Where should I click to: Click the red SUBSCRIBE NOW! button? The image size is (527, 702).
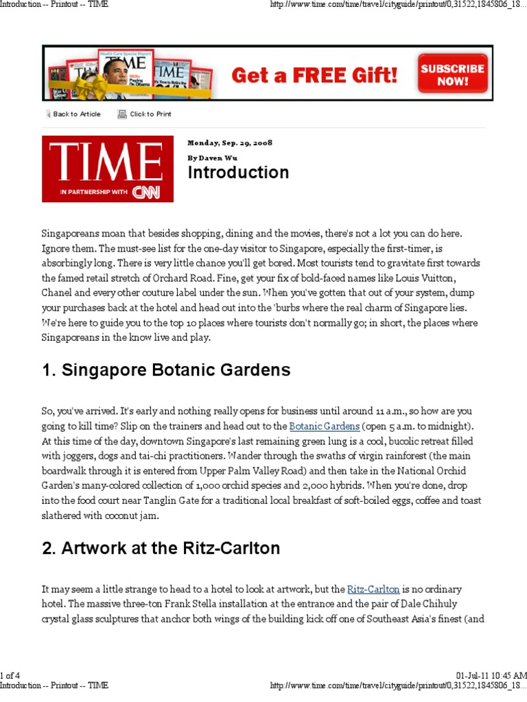tap(453, 74)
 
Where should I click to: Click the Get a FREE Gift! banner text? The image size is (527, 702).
tap(314, 75)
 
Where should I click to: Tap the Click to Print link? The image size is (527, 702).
tap(150, 114)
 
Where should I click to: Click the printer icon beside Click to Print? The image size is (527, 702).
tap(122, 114)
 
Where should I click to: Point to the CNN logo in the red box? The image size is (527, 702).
tap(146, 193)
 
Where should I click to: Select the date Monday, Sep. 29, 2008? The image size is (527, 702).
tap(230, 143)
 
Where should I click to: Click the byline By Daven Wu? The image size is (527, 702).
tap(212, 158)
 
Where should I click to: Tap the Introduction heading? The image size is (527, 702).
tap(238, 173)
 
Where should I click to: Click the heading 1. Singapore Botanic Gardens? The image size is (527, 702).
tap(166, 371)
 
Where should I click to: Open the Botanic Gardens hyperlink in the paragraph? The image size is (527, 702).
tap(324, 426)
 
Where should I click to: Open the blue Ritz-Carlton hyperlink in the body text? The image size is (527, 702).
tap(373, 590)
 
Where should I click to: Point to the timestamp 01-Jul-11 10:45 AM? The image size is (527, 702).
tap(491, 675)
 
